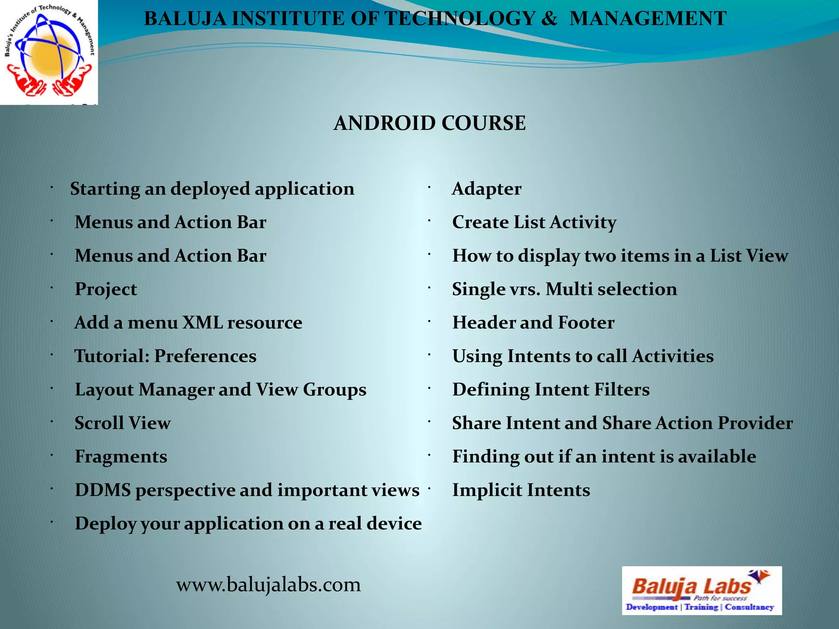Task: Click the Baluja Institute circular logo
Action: tap(49, 52)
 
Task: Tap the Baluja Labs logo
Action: tap(701, 590)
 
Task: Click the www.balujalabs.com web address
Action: tap(268, 584)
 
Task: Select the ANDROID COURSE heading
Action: tap(429, 123)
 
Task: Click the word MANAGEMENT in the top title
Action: tap(648, 19)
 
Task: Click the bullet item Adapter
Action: tap(486, 189)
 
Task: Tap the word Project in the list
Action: tap(106, 289)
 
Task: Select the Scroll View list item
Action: tap(122, 423)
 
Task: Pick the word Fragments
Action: tap(121, 457)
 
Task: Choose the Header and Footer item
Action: tap(533, 323)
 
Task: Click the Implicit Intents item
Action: tap(521, 490)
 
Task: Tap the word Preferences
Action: tap(205, 356)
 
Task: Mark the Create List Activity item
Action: tap(534, 222)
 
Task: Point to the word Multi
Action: tap(569, 289)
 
